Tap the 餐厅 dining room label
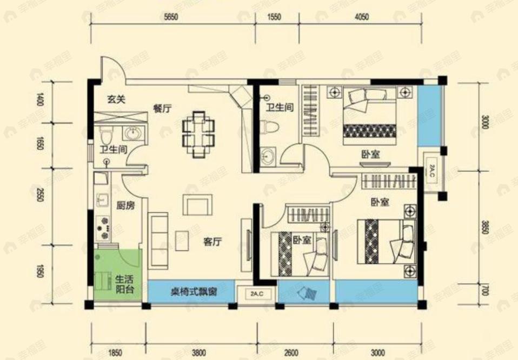click(x=162, y=108)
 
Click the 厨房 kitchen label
click(x=125, y=206)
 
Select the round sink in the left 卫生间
click(x=132, y=133)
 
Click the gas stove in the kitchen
click(x=101, y=228)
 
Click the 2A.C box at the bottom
click(x=258, y=295)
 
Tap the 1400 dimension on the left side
click(x=38, y=100)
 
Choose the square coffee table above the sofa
click(x=197, y=205)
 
